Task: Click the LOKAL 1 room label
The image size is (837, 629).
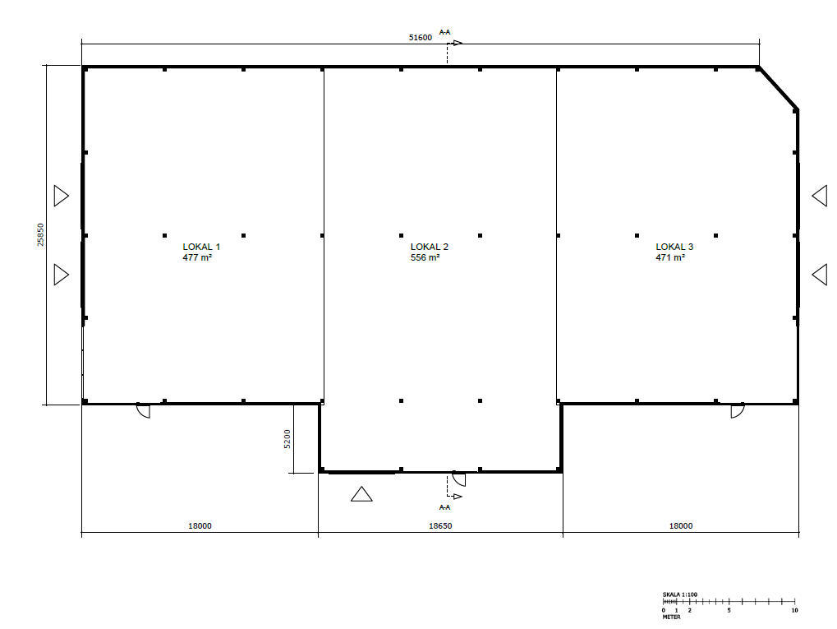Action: pyautogui.click(x=201, y=247)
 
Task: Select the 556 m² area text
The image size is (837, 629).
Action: pyautogui.click(x=425, y=257)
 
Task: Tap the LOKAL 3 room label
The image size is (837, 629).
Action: pyautogui.click(x=674, y=247)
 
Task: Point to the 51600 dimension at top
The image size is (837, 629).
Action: pyautogui.click(x=420, y=37)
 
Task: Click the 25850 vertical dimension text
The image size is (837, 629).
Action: pyautogui.click(x=40, y=234)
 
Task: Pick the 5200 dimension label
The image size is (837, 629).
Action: pyautogui.click(x=287, y=439)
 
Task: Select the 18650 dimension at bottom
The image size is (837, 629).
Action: pyautogui.click(x=440, y=526)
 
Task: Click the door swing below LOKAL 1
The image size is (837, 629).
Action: pyautogui.click(x=144, y=410)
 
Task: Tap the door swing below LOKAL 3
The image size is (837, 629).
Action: pyautogui.click(x=737, y=410)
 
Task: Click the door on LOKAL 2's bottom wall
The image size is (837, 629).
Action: pyautogui.click(x=459, y=479)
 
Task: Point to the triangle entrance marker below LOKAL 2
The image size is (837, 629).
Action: pyautogui.click(x=361, y=494)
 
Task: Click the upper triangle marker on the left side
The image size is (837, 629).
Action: pyautogui.click(x=62, y=196)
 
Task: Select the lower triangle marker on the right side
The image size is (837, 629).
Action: pyautogui.click(x=820, y=274)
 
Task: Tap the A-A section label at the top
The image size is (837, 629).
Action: pyautogui.click(x=444, y=32)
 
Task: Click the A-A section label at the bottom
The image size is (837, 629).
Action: pyautogui.click(x=444, y=507)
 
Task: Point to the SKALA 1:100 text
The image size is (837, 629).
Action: pyautogui.click(x=679, y=594)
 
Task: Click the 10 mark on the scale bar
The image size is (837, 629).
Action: pyautogui.click(x=794, y=610)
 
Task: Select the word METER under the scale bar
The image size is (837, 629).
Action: pyautogui.click(x=671, y=617)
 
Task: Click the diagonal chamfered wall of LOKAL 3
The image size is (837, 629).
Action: pyautogui.click(x=778, y=88)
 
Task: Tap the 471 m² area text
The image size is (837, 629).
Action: pyautogui.click(x=670, y=257)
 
